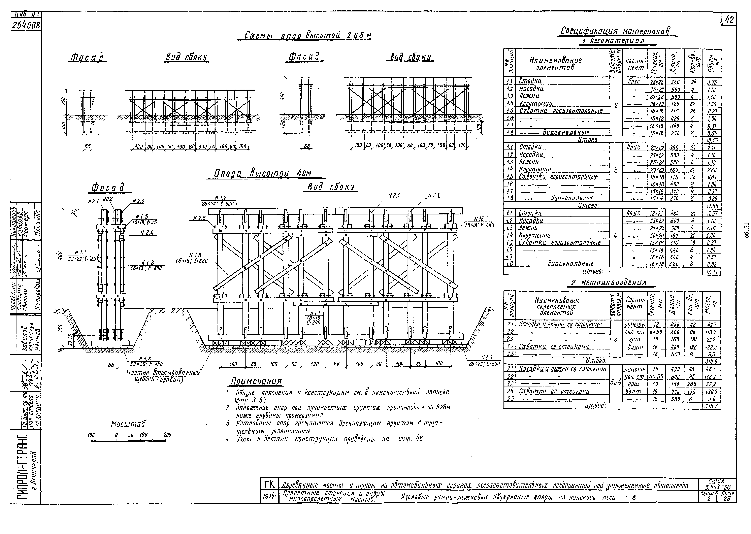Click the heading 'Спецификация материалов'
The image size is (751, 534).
(x=615, y=31)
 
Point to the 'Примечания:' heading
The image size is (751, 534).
(x=256, y=381)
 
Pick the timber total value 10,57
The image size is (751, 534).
(x=712, y=140)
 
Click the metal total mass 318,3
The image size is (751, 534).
(x=712, y=406)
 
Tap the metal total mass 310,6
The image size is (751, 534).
(x=712, y=361)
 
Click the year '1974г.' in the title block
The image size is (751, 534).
(x=269, y=497)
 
